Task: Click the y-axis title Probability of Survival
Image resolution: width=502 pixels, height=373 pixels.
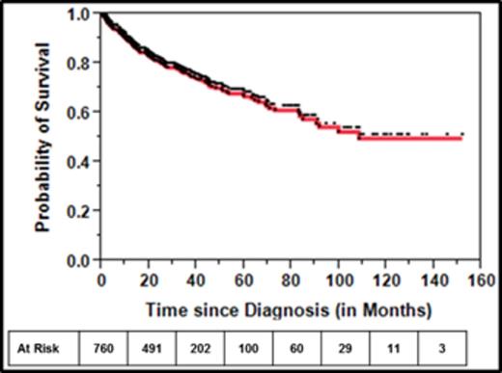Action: pyautogui.click(x=43, y=136)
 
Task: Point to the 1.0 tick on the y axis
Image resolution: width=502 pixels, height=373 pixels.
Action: pyautogui.click(x=83, y=15)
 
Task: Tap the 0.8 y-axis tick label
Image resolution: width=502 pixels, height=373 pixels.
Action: pyautogui.click(x=83, y=65)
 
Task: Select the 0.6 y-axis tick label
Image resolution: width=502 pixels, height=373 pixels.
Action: pyautogui.click(x=83, y=114)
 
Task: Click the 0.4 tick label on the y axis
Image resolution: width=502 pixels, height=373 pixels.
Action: pyautogui.click(x=83, y=162)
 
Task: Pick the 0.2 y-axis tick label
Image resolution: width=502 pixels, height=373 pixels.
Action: pyautogui.click(x=83, y=211)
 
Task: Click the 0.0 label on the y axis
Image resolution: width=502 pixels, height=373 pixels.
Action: pyautogui.click(x=83, y=260)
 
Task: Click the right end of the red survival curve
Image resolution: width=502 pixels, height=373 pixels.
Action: pyautogui.click(x=462, y=139)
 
